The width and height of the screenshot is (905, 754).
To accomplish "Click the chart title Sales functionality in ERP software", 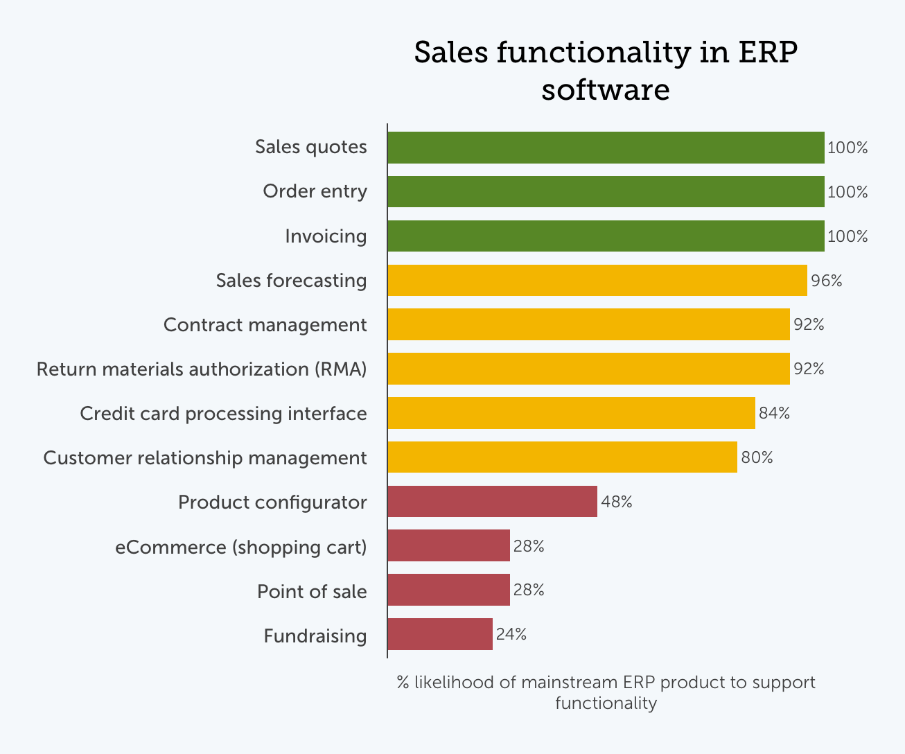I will tap(606, 71).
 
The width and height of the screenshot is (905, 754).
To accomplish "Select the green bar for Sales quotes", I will tap(606, 148).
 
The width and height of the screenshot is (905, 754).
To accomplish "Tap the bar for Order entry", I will tap(606, 192).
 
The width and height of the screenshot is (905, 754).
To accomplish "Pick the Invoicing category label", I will tap(326, 236).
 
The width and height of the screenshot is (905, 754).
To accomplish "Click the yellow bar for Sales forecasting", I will tap(597, 281).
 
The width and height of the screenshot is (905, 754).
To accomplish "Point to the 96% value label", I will tap(826, 281).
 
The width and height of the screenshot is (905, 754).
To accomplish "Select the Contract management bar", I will tap(588, 324).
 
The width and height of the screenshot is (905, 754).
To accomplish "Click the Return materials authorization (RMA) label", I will tap(202, 369).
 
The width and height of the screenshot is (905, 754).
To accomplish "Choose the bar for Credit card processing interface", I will tap(571, 413).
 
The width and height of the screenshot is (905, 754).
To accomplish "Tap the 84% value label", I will tap(774, 413).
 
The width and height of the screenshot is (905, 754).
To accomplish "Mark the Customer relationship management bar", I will tap(562, 457).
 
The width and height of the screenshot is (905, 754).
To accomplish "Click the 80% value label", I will tap(757, 457).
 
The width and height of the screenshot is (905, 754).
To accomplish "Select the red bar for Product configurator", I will tap(492, 502).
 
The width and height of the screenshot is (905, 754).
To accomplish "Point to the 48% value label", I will tap(616, 502).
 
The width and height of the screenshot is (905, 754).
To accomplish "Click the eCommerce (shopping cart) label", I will tap(240, 547).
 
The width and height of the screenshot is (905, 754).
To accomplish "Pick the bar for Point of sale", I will tap(448, 590).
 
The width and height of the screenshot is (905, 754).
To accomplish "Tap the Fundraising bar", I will tap(440, 634).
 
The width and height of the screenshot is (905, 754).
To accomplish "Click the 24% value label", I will tap(511, 634).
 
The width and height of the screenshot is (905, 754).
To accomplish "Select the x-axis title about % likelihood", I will tap(606, 692).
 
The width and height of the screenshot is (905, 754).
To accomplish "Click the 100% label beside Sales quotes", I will tap(847, 148).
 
